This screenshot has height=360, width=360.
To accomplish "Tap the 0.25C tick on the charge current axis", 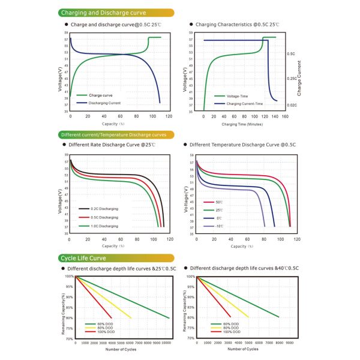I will click(x=291, y=79).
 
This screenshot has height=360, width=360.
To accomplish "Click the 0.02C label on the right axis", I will click(x=291, y=105).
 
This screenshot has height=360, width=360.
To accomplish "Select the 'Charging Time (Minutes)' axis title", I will click(x=242, y=124).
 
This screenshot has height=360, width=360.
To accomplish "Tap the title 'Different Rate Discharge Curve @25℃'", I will click(x=112, y=145).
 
